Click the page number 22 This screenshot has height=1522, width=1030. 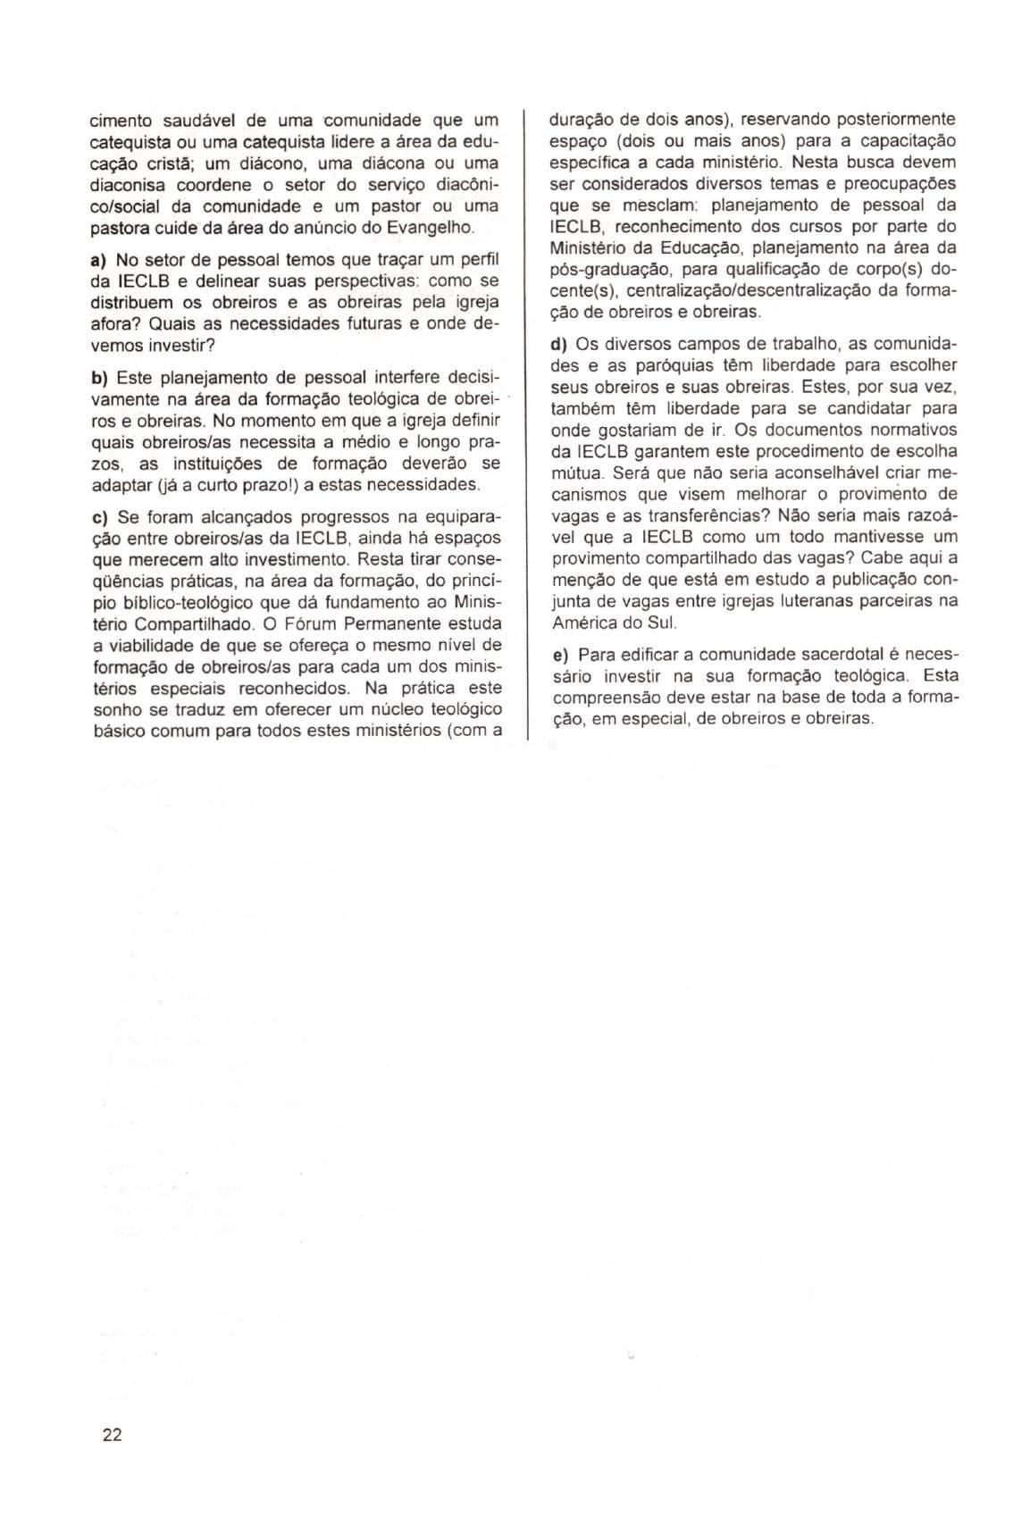click(x=112, y=1435)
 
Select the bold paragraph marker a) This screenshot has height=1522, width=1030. click(x=98, y=260)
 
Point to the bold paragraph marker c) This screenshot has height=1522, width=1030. click(x=98, y=518)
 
